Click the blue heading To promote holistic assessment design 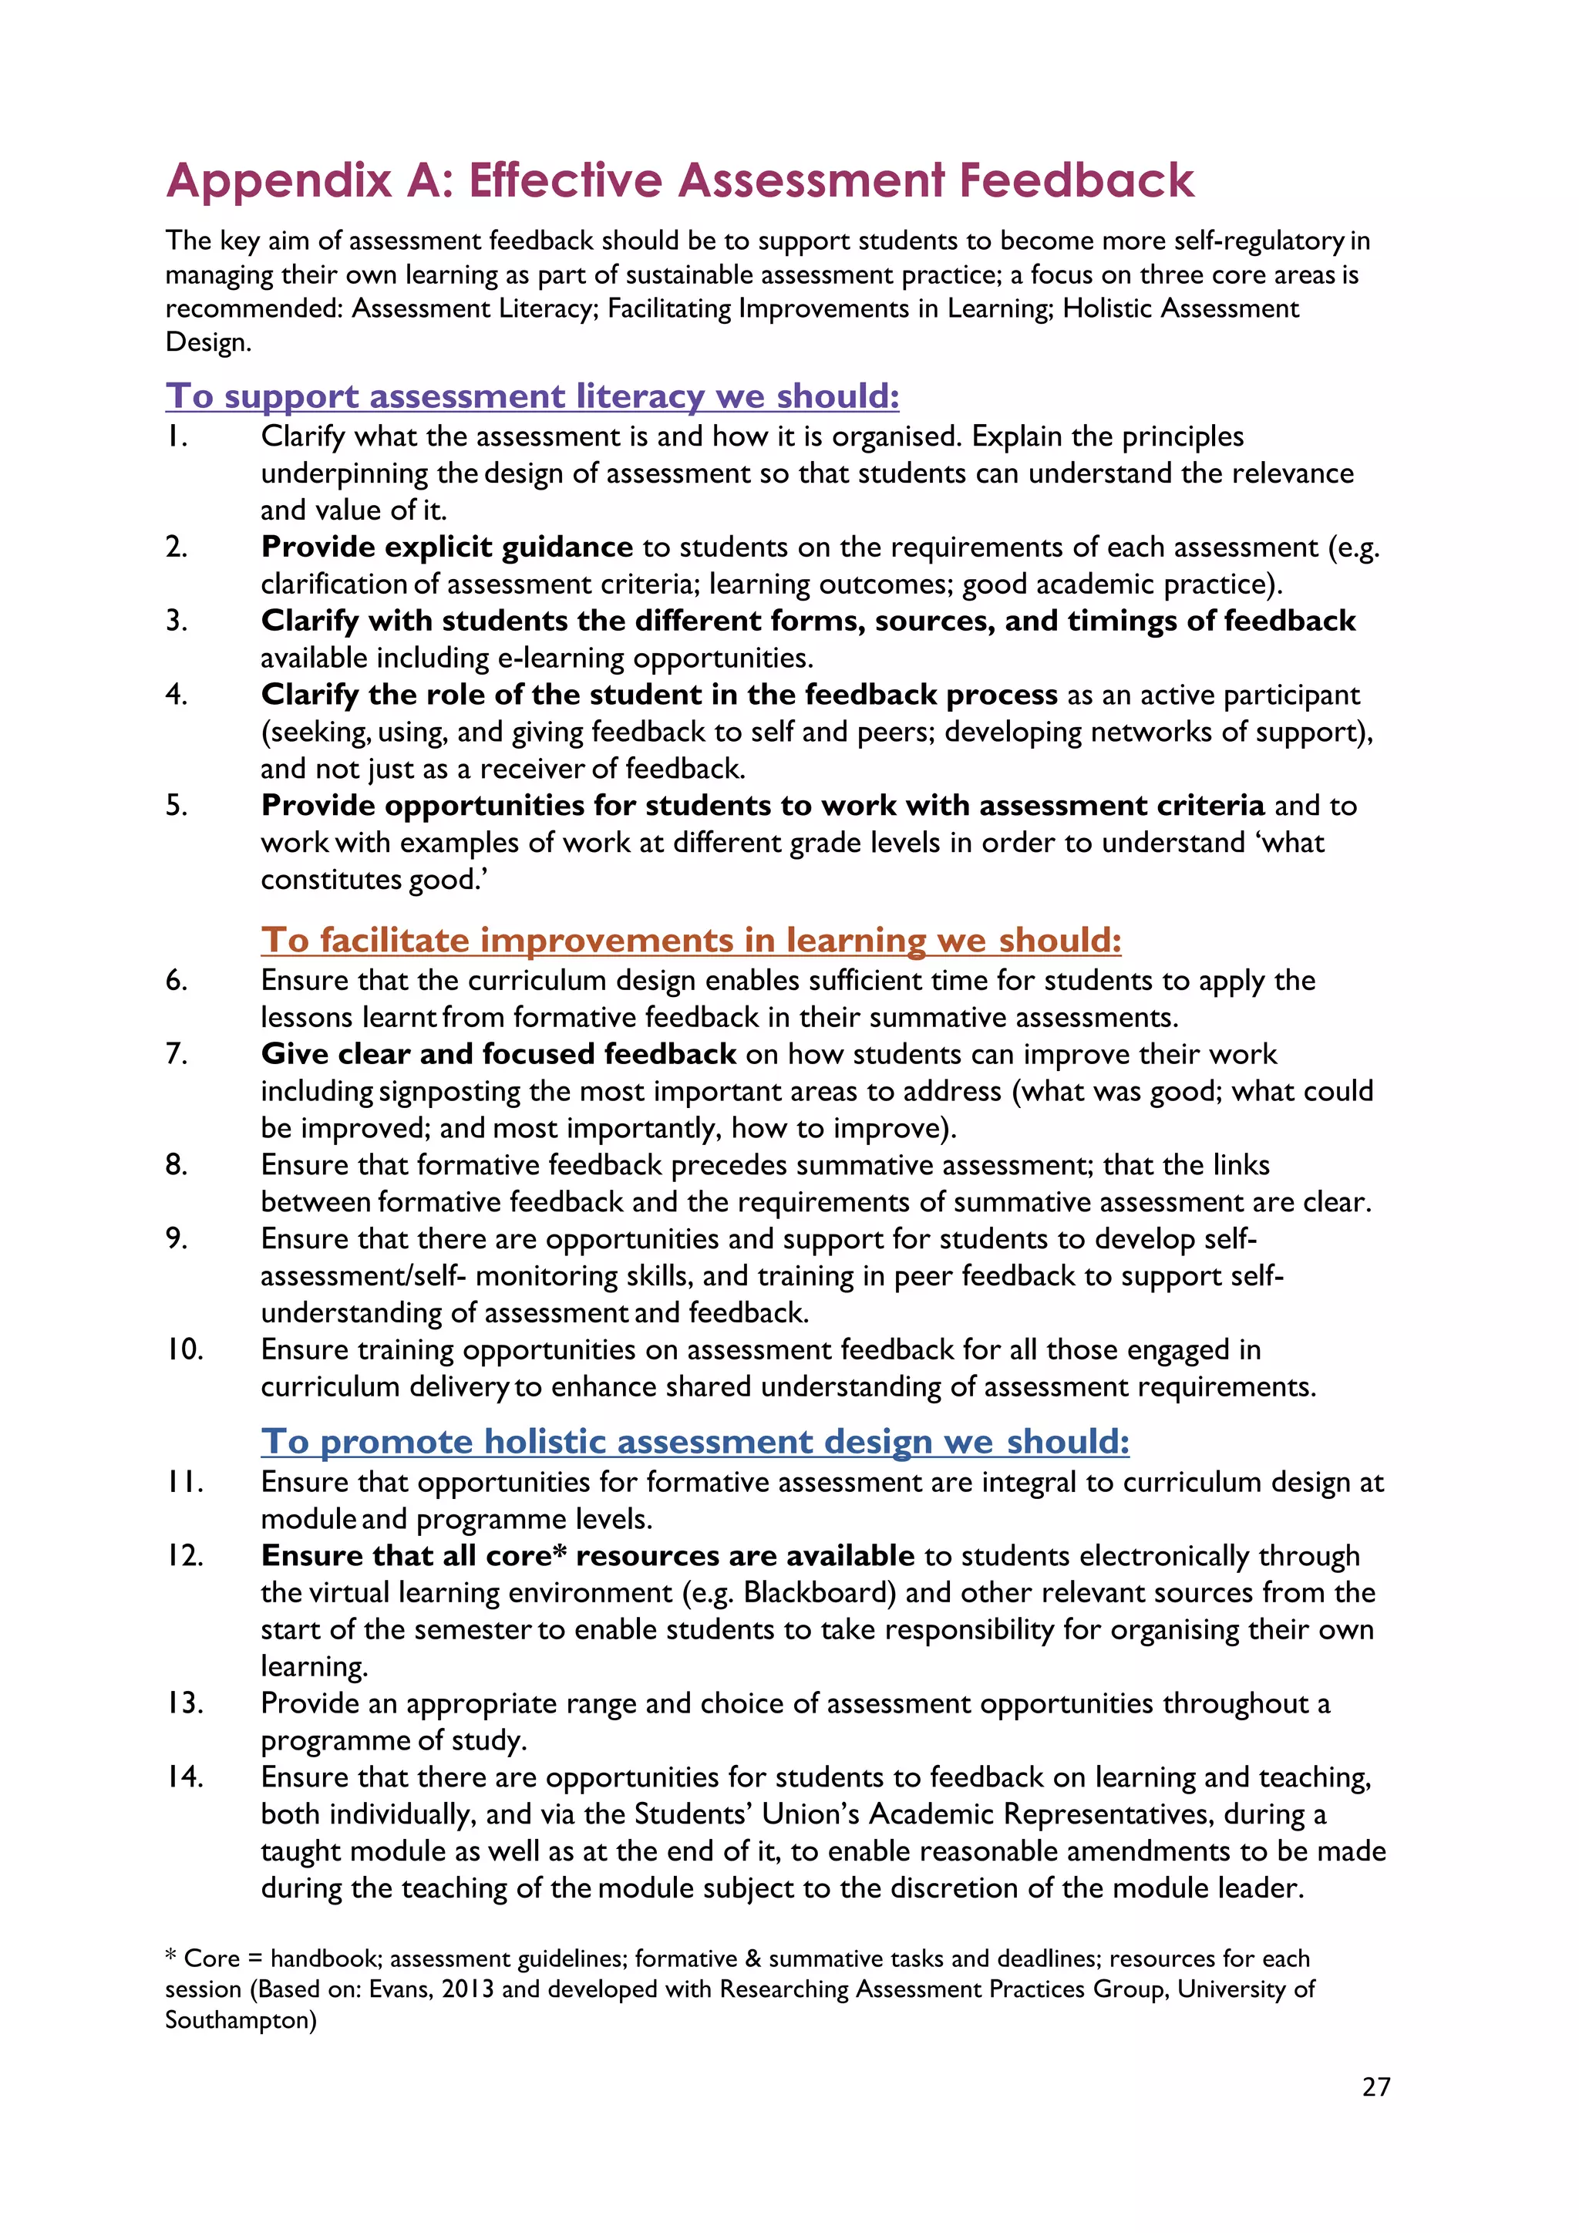pyautogui.click(x=694, y=1440)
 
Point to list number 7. pyautogui.click(x=176, y=1053)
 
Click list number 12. pyautogui.click(x=183, y=1555)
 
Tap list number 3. pyautogui.click(x=176, y=621)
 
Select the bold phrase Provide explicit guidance pyautogui.click(x=446, y=547)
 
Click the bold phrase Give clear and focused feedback pyautogui.click(x=498, y=1053)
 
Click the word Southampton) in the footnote pyautogui.click(x=240, y=2020)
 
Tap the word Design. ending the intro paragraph pyautogui.click(x=208, y=342)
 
